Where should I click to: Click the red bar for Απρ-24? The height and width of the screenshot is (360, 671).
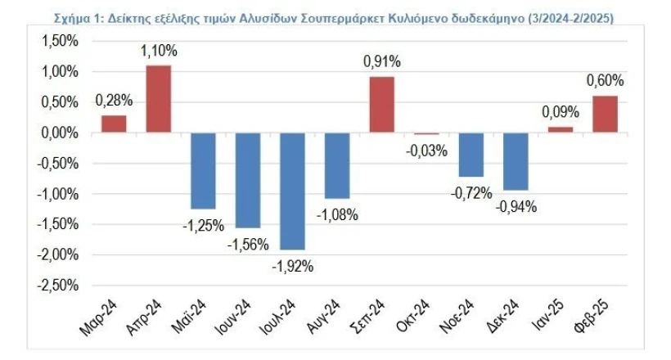pyautogui.click(x=159, y=99)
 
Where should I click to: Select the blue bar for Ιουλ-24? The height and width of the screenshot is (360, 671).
pyautogui.click(x=293, y=191)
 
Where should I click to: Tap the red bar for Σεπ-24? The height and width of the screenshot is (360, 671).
pyautogui.click(x=382, y=105)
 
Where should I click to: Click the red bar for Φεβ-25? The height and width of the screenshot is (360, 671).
pyautogui.click(x=605, y=115)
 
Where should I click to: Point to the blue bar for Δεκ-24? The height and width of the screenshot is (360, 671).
pyautogui.click(x=516, y=161)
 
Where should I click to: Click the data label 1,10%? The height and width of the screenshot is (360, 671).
pyautogui.click(x=159, y=52)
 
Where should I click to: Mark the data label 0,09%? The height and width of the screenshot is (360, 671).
pyautogui.click(x=561, y=112)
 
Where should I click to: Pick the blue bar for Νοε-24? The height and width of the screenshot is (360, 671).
pyautogui.click(x=471, y=155)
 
